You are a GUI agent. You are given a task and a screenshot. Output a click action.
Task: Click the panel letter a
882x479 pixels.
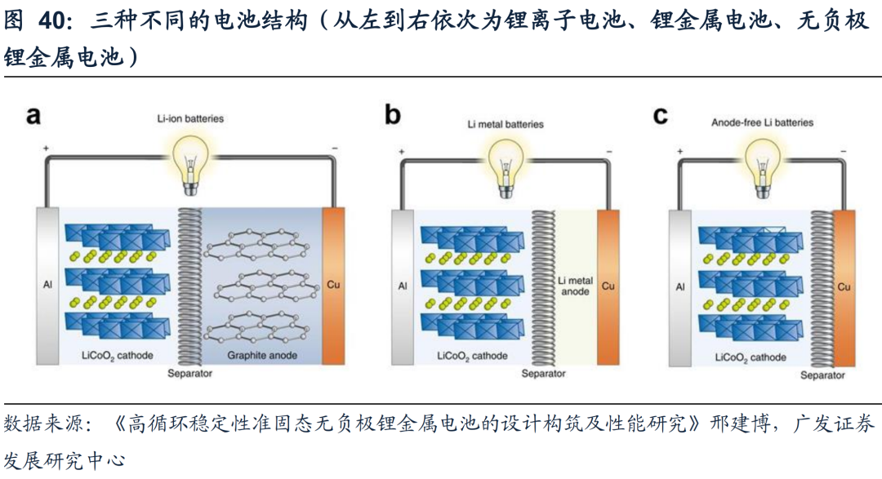coord(33,116)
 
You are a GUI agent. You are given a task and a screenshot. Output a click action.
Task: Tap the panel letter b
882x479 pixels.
coord(393,116)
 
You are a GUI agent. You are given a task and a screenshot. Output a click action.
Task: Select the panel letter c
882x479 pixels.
coord(661,116)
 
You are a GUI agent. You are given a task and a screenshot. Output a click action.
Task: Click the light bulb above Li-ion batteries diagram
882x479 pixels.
coord(189,159)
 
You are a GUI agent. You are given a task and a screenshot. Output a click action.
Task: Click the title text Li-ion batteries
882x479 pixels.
coord(190,119)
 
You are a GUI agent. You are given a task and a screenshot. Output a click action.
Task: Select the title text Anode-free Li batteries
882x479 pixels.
coord(762,122)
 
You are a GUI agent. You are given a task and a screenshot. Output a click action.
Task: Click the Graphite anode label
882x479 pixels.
coord(262,356)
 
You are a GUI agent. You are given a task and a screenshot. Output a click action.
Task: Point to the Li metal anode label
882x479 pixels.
coord(575,286)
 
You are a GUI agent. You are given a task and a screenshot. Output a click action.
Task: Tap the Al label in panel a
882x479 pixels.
coord(47,286)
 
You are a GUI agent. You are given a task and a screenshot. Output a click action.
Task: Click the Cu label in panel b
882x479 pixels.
coord(608,286)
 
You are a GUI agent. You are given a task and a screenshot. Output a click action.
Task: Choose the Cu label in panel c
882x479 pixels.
coord(844,287)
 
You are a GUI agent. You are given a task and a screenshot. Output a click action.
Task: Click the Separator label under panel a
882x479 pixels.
coord(189,374)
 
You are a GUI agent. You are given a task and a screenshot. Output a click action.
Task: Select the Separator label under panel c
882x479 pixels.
coord(822,375)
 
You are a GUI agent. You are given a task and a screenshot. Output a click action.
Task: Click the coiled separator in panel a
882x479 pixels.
coord(189,286)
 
